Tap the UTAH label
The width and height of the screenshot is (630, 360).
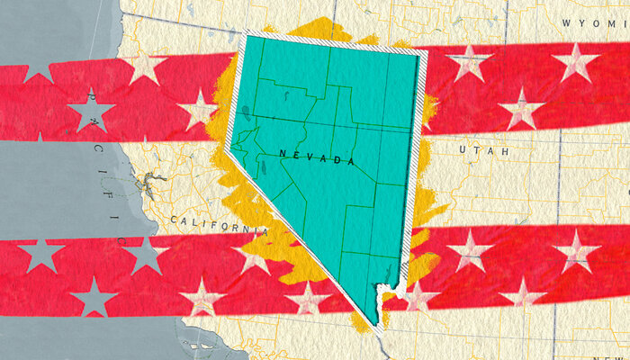point(483,150)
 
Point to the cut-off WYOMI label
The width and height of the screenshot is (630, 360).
point(594,22)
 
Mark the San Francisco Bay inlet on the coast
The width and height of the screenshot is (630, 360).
point(141,191)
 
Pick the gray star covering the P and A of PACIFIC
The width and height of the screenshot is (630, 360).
point(92,112)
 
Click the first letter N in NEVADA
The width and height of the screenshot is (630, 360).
point(283,154)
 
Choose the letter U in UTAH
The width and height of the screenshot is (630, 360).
point(463,150)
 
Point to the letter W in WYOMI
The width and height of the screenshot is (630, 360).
point(566,22)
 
